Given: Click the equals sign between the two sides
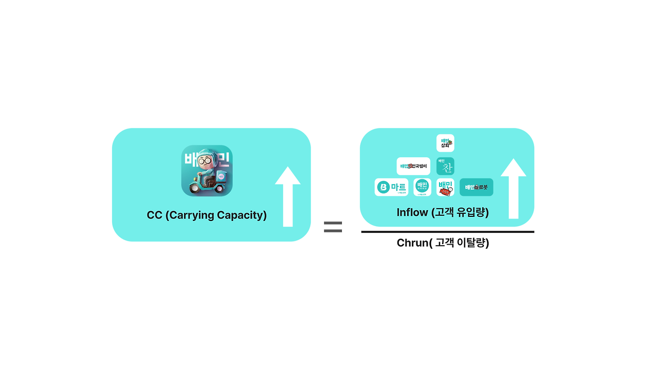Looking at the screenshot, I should click(x=333, y=227).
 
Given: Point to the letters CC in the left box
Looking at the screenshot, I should click(x=154, y=215).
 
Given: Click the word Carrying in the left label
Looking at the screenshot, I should click(x=192, y=215).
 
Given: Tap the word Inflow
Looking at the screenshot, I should click(x=412, y=212).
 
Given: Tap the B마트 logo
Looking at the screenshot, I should click(x=391, y=187).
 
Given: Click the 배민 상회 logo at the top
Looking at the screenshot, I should click(x=445, y=143).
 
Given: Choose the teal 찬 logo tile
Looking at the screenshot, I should click(x=445, y=166).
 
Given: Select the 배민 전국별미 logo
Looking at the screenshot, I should click(x=413, y=166).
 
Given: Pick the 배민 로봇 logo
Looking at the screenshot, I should click(x=476, y=187).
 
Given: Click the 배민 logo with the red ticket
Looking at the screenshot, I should click(x=445, y=187).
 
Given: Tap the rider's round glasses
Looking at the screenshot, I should click(x=204, y=161).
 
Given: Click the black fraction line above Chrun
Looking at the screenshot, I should click(x=447, y=232).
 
